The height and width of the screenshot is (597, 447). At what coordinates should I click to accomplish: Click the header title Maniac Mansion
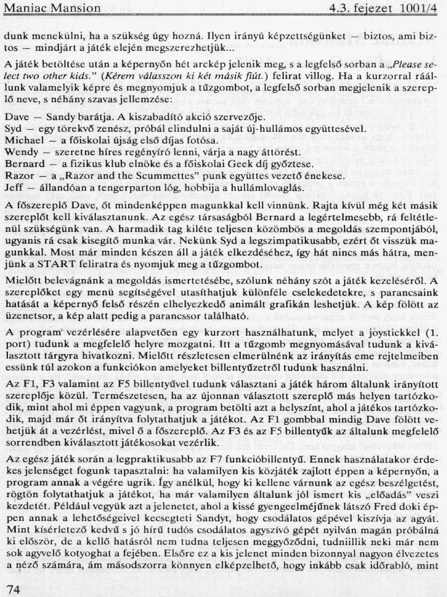tap(52, 8)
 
